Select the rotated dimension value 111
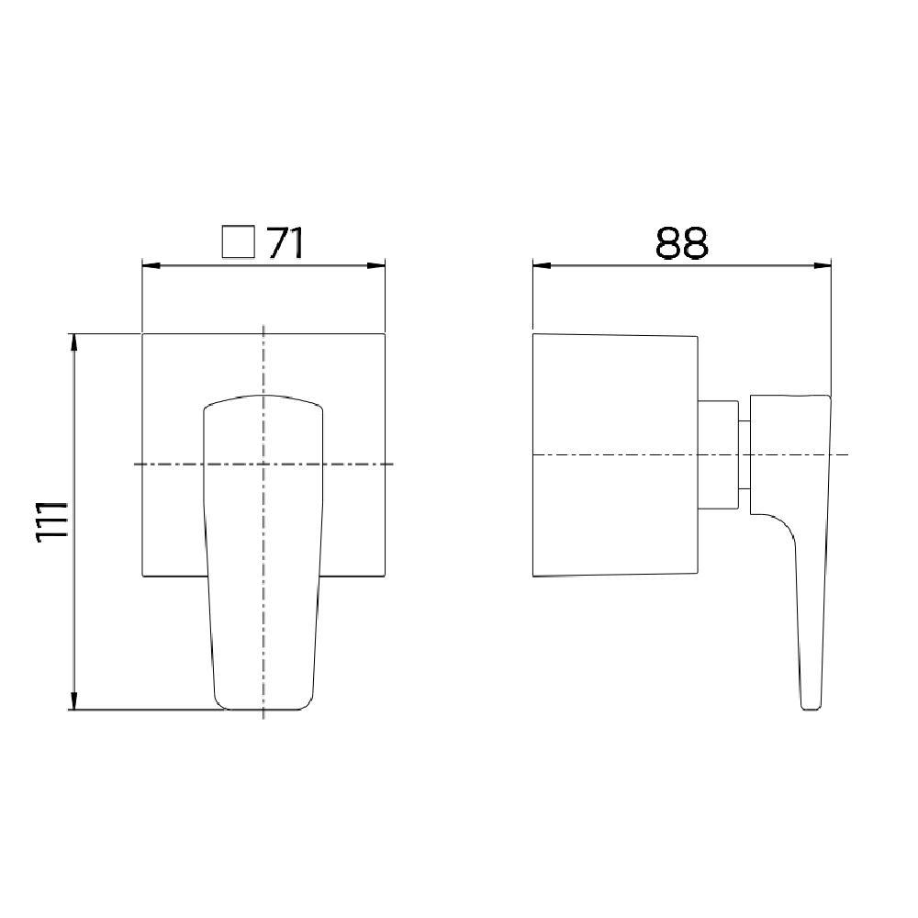[x=51, y=521]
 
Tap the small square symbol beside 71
[x=238, y=243]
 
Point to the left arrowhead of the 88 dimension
[x=541, y=266]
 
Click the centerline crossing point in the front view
[x=263, y=465]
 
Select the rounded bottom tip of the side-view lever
[x=809, y=705]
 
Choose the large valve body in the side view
[x=615, y=454]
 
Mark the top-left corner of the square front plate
[x=142, y=334]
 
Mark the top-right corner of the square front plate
[x=384, y=334]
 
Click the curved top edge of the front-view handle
[x=263, y=397]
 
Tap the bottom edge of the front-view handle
[x=263, y=709]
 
